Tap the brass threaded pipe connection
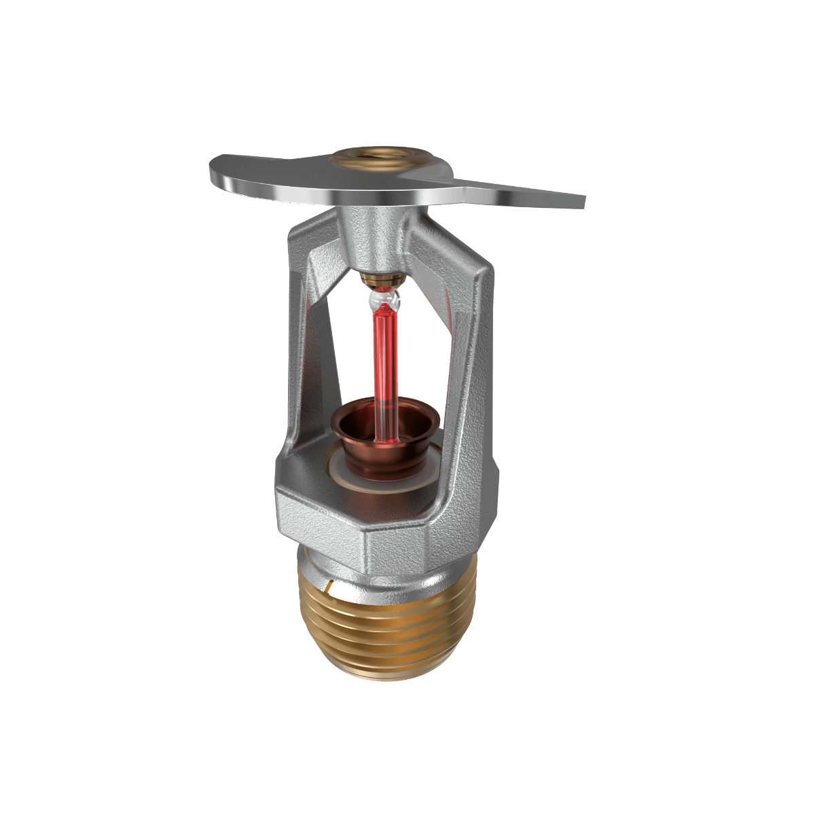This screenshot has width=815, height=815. coord(387,625)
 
